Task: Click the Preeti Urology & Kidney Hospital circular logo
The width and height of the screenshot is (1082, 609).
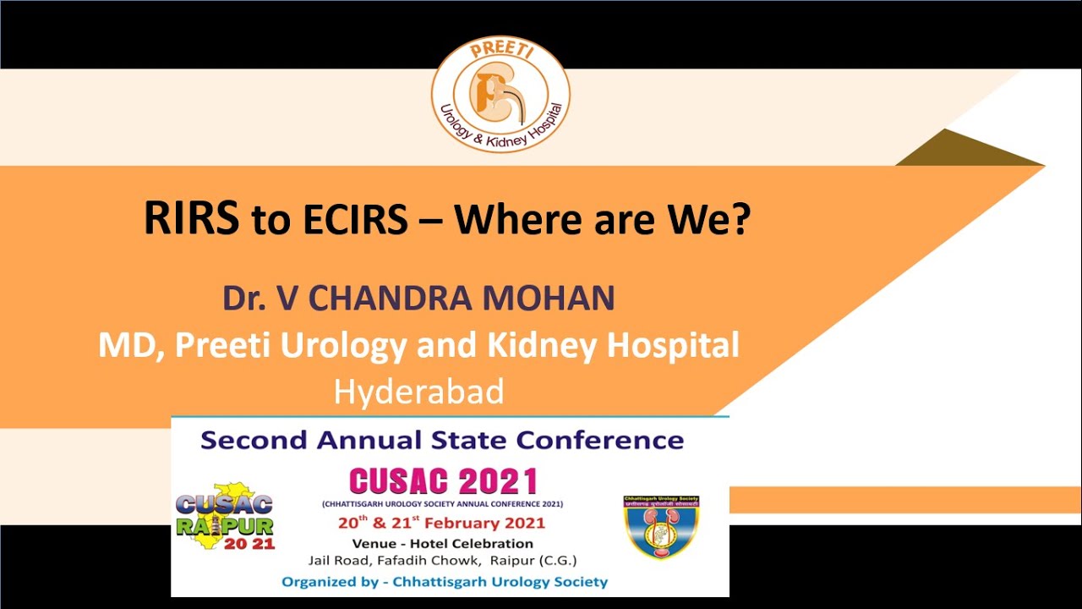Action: point(500,95)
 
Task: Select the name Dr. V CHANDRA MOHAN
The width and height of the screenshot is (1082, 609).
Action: point(418,299)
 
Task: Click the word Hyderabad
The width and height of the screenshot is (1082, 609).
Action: point(419,392)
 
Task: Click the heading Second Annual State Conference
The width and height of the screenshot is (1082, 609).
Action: point(442,440)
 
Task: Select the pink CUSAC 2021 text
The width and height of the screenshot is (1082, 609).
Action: point(443,481)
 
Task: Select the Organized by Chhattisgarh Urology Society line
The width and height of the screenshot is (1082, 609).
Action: point(445,582)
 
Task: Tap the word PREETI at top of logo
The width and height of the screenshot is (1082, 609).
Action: point(500,51)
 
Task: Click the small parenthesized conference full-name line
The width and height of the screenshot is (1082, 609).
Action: point(442,504)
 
